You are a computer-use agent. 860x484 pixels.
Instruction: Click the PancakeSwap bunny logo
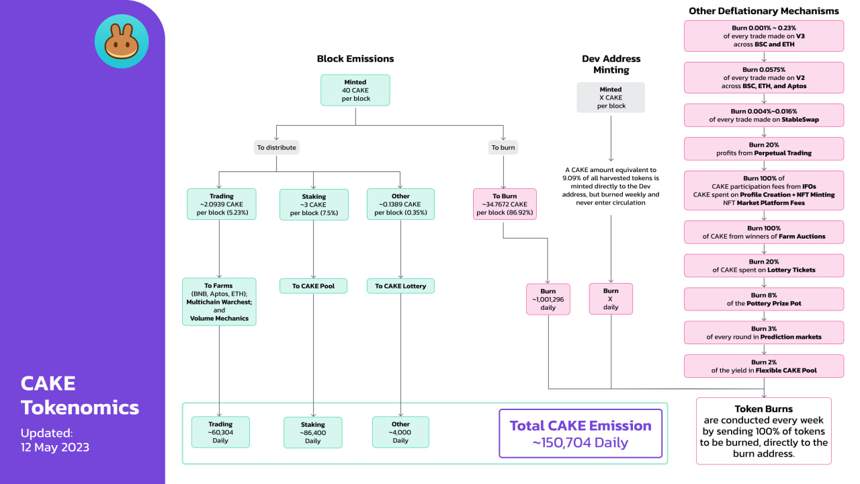click(122, 41)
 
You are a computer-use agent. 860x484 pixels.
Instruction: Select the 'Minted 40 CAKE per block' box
click(355, 90)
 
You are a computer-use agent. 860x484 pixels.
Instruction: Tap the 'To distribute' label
click(276, 147)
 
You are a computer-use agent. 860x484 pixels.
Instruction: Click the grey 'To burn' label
click(503, 147)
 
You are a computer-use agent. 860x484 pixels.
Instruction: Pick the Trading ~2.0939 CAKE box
click(222, 204)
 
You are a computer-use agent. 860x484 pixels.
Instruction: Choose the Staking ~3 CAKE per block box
click(314, 204)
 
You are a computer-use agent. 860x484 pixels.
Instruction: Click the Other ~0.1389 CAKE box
click(400, 204)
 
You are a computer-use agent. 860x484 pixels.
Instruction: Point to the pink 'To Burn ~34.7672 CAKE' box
click(505, 204)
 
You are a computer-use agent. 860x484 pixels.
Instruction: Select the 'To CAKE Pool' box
click(313, 286)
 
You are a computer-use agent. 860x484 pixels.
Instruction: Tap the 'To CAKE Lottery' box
click(400, 286)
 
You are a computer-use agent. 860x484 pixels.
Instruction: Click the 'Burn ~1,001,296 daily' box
click(548, 299)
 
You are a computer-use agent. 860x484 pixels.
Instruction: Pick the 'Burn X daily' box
click(611, 299)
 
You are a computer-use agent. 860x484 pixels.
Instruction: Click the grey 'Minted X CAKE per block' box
click(611, 97)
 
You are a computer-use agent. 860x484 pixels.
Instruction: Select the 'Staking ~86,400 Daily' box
click(313, 432)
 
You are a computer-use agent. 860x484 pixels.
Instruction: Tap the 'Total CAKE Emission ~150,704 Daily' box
click(580, 434)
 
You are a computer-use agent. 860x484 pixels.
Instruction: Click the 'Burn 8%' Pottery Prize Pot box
click(764, 299)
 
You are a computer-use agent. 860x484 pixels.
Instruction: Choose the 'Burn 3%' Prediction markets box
click(764, 333)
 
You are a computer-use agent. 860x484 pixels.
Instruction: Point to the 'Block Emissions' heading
click(355, 58)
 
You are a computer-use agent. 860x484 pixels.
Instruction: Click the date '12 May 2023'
click(55, 447)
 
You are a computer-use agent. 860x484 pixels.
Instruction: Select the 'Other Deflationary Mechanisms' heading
click(764, 11)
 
